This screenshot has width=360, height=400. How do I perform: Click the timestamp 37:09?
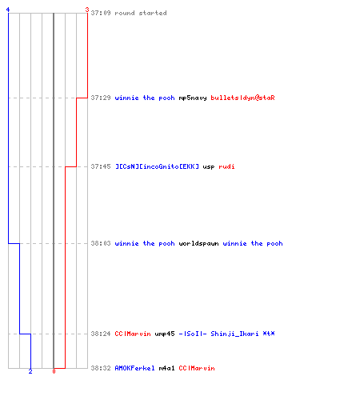pyautogui.click(x=101, y=13)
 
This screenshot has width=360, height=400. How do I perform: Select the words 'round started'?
pyautogui.click(x=141, y=13)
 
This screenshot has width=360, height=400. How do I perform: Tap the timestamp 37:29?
pyautogui.click(x=101, y=98)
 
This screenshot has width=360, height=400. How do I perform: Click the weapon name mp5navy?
pyautogui.click(x=193, y=98)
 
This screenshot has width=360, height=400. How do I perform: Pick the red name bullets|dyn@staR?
pyautogui.click(x=242, y=98)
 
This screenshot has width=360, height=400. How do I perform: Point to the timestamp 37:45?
pyautogui.click(x=101, y=166)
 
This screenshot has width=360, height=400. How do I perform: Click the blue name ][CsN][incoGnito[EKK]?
pyautogui.click(x=157, y=166)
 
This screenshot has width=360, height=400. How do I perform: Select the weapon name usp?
pyautogui.click(x=209, y=167)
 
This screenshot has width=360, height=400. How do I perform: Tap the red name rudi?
pyautogui.click(x=226, y=166)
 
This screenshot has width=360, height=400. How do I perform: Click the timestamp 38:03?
pyautogui.click(x=101, y=243)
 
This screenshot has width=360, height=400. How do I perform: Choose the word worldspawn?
pyautogui.click(x=198, y=244)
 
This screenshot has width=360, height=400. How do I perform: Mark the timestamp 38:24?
pyautogui.click(x=101, y=334)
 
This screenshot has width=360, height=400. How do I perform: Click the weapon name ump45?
pyautogui.click(x=165, y=334)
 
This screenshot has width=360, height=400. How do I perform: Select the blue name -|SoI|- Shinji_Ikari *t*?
pyautogui.click(x=226, y=334)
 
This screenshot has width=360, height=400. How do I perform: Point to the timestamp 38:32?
pyautogui.click(x=101, y=368)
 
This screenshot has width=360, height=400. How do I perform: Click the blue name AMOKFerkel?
pyautogui.click(x=134, y=368)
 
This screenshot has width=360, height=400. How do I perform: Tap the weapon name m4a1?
pyautogui.click(x=166, y=368)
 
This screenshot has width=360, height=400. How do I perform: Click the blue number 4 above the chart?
pyautogui.click(x=8, y=10)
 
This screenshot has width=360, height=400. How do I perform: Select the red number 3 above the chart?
pyautogui.click(x=87, y=10)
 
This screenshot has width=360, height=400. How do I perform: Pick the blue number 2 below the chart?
pyautogui.click(x=30, y=371)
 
